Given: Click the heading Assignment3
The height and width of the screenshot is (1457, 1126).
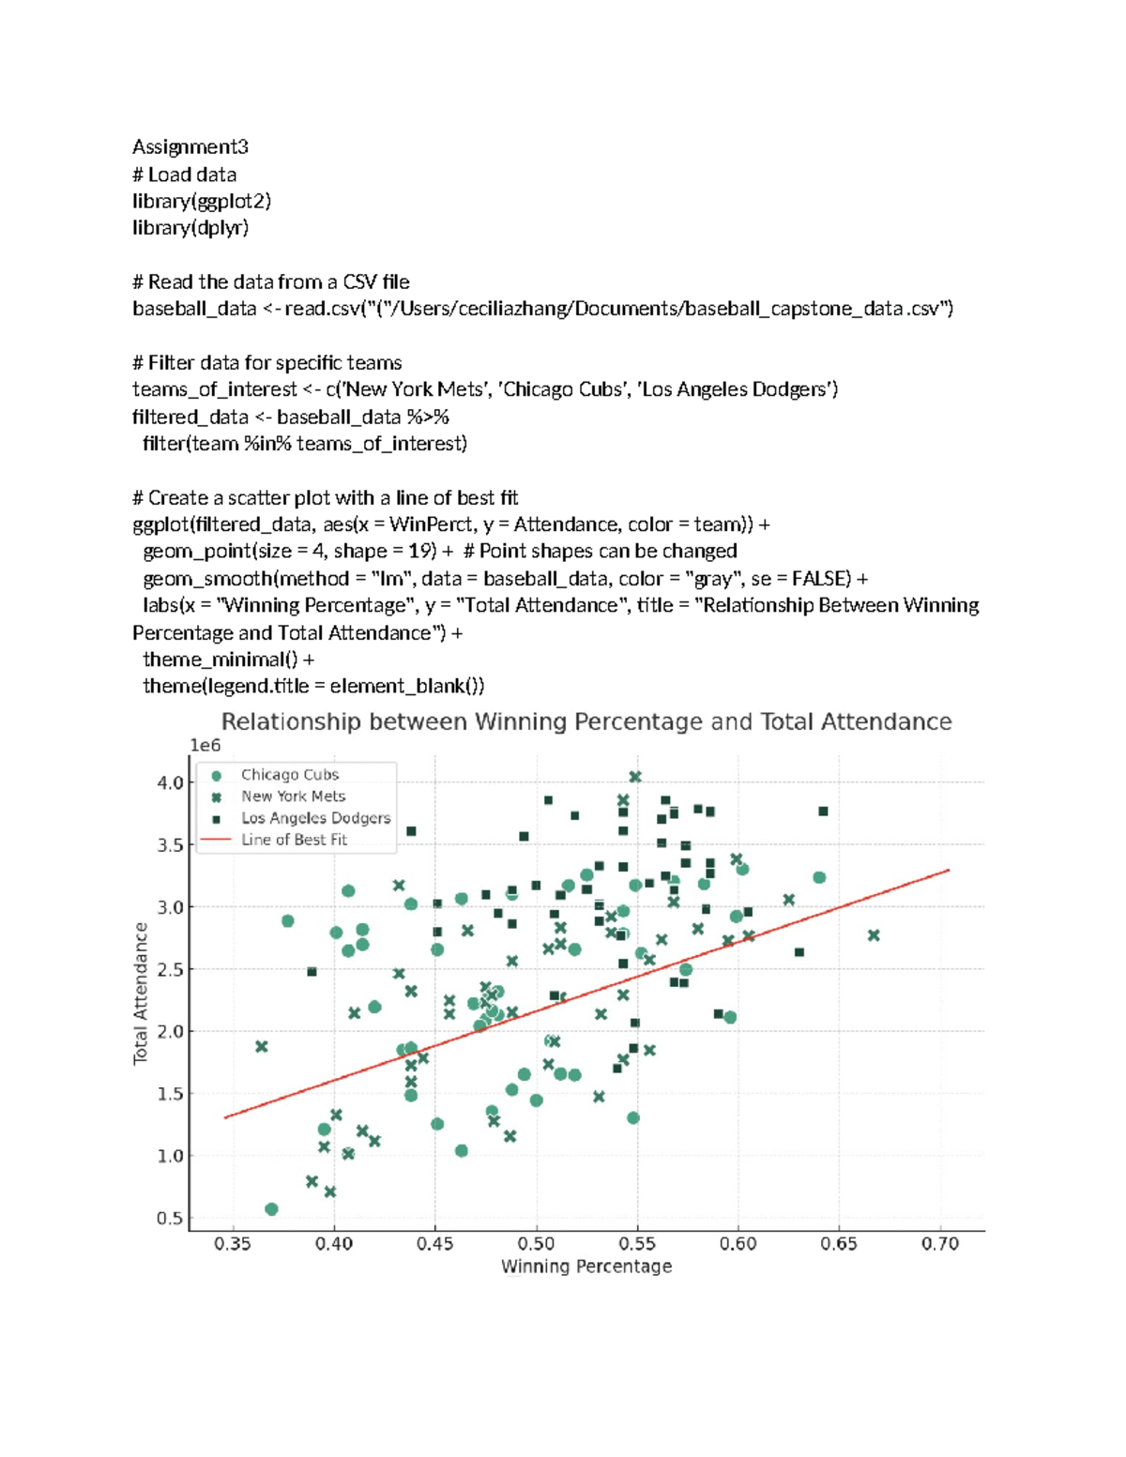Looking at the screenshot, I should tap(190, 146).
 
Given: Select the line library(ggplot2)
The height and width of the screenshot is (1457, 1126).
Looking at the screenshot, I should tap(202, 201).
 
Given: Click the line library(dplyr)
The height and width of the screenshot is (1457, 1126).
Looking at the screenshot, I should tap(190, 227).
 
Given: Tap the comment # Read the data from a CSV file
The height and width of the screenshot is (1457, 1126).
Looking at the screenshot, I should tap(271, 281).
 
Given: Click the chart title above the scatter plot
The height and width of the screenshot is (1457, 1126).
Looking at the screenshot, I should tap(586, 721).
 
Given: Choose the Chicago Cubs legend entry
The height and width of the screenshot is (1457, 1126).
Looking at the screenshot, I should tap(289, 774).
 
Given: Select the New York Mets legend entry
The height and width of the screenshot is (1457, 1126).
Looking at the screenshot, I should tap(293, 796).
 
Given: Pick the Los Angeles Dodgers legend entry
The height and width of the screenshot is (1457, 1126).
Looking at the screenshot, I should tap(315, 817).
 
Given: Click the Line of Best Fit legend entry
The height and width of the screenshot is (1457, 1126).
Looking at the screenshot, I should tap(294, 840).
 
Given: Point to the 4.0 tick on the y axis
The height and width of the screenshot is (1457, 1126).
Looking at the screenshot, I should tap(170, 782).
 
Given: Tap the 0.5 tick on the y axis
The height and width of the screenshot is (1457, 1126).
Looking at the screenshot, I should tap(170, 1218).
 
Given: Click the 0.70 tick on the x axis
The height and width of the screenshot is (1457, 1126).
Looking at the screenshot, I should tap(939, 1243).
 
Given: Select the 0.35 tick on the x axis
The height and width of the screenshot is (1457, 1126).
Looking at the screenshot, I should tap(232, 1243).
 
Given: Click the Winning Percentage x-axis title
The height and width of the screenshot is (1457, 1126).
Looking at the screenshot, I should tap(586, 1267).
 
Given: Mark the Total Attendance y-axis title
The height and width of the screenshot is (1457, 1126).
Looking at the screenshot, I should tap(141, 993).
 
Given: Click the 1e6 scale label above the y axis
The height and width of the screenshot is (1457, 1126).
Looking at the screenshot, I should tap(205, 745).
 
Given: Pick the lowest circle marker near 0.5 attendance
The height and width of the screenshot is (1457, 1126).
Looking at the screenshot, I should tap(271, 1209).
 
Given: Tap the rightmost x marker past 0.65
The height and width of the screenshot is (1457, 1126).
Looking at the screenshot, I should tap(874, 935).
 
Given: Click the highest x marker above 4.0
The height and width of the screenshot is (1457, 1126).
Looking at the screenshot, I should tap(635, 777).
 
